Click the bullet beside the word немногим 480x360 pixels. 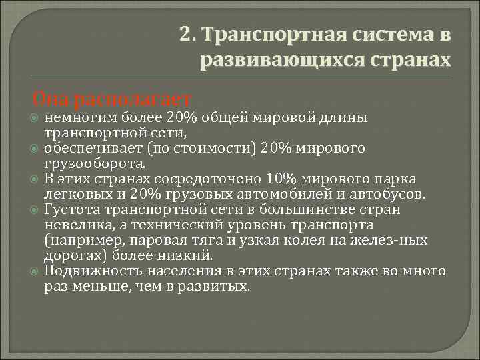[x=35, y=119]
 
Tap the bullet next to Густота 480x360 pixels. [x=35, y=211]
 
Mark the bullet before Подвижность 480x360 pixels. [x=35, y=272]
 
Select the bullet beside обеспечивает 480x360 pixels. [x=35, y=149]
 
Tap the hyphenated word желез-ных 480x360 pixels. [x=388, y=240]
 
